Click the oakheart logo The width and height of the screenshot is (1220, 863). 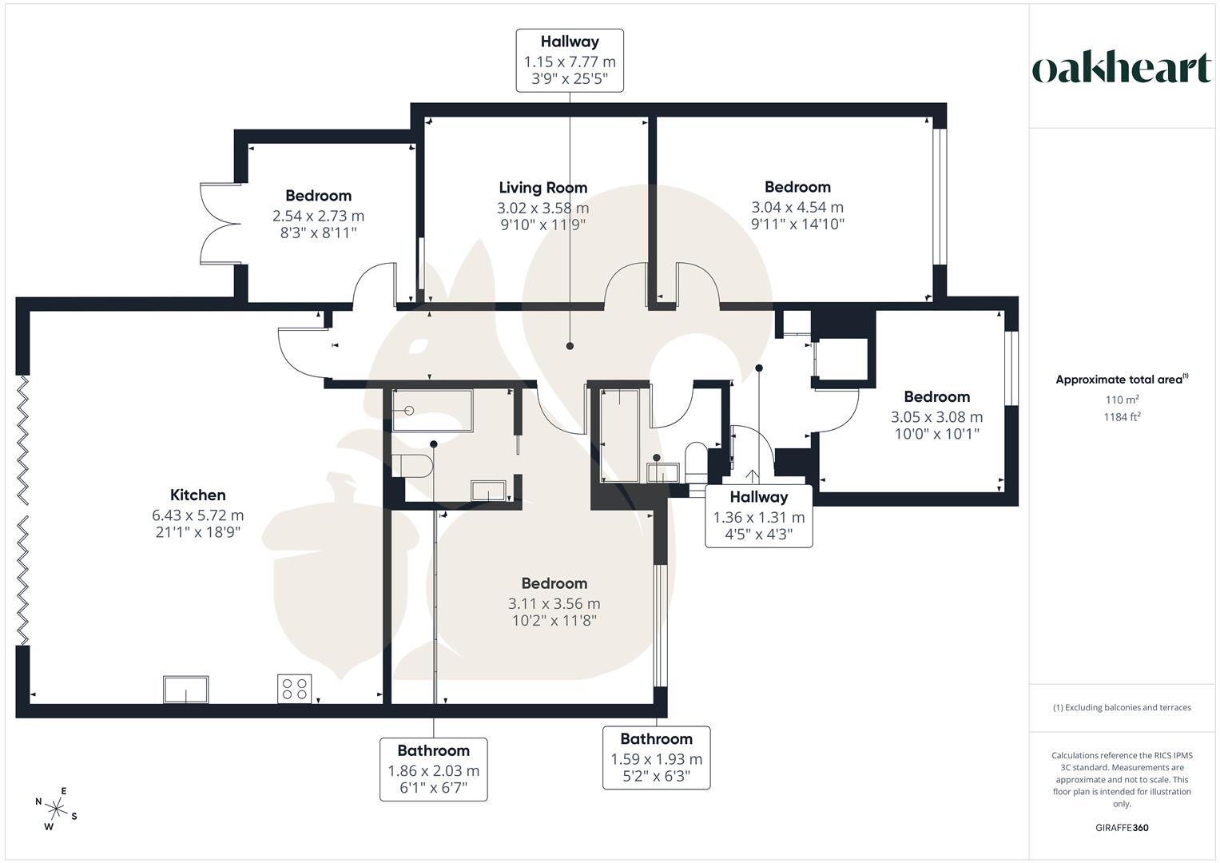[1122, 69]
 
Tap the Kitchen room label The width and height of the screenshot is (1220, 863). [198, 495]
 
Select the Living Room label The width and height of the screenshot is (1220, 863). [542, 188]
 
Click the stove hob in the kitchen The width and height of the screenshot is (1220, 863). [294, 689]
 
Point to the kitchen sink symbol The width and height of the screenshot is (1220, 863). [186, 689]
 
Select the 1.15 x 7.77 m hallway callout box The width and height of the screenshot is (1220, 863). [569, 61]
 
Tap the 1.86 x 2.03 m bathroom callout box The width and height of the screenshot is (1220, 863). [433, 770]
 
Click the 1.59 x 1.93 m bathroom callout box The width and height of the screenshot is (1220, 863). [656, 758]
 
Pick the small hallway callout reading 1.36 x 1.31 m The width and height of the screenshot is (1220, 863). [758, 516]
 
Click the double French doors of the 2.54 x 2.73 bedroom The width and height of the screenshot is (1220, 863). [217, 223]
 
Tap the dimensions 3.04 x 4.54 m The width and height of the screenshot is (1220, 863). [797, 207]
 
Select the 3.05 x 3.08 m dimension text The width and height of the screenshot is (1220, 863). [936, 417]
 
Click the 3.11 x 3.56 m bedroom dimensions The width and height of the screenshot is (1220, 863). [554, 604]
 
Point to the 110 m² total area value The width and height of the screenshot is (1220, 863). [1122, 400]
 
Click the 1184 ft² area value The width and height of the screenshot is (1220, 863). [1122, 416]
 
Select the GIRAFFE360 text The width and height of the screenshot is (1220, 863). [1122, 828]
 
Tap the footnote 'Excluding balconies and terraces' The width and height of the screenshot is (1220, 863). [1122, 707]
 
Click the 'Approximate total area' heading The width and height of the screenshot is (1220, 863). [1120, 380]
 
